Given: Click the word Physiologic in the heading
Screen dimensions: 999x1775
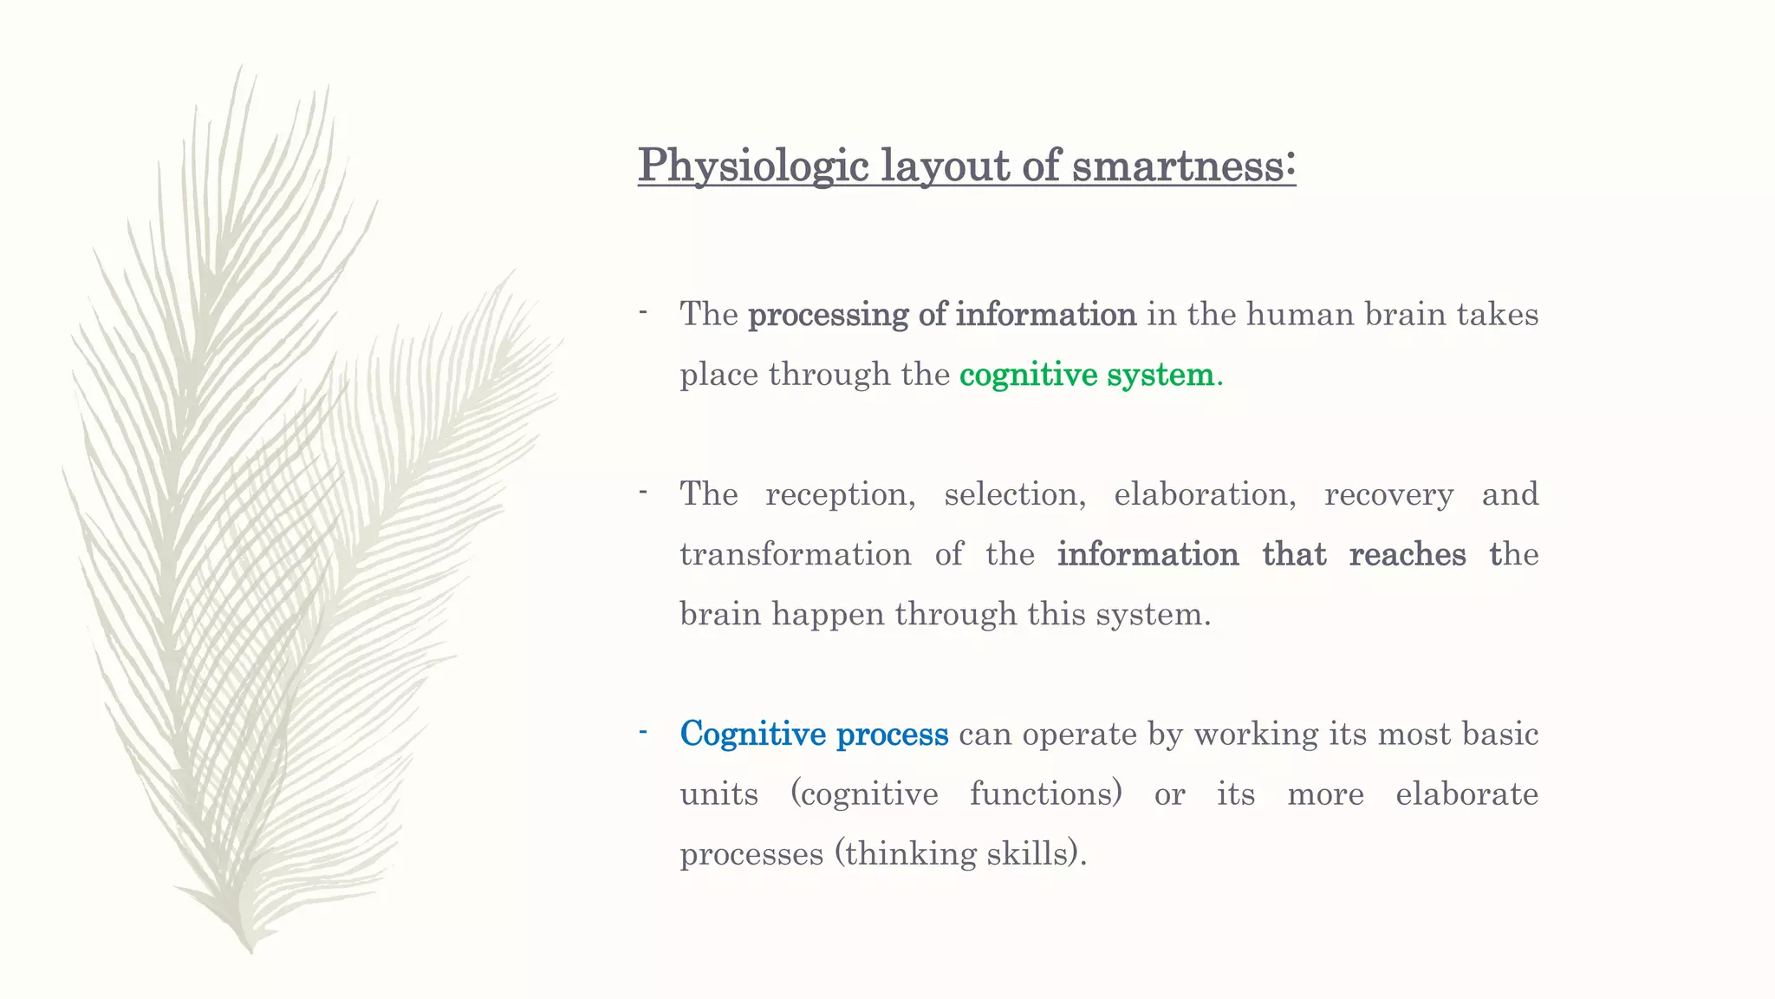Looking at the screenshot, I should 752,165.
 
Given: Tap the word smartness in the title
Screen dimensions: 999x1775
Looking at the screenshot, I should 1183,165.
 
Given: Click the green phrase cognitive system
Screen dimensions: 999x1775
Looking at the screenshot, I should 1087,375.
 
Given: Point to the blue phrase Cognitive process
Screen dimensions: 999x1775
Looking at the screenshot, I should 814,734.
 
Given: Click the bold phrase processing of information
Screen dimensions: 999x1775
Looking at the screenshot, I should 942,314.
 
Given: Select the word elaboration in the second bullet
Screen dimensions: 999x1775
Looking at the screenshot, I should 1204,494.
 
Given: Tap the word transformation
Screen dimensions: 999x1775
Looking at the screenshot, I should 795,554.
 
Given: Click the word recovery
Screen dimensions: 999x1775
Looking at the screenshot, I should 1388,494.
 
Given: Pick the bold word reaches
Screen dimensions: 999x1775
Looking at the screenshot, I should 1407,554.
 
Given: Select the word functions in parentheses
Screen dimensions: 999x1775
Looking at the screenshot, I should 1044,794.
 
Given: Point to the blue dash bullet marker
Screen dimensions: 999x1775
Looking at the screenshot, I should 643,732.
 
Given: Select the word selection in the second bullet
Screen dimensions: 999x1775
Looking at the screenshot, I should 1015,494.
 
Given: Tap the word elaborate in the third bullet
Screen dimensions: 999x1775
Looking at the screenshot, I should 1466,794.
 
